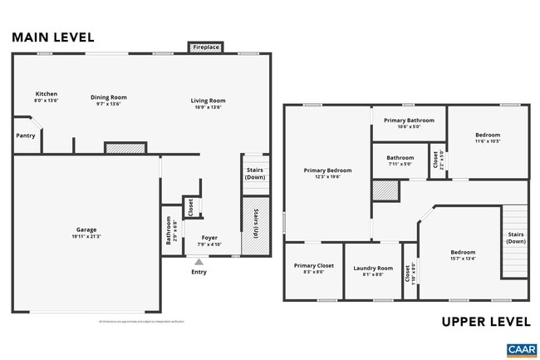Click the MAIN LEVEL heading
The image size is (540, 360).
(52, 37)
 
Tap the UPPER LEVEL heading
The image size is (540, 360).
(484, 321)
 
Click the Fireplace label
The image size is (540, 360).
(205, 48)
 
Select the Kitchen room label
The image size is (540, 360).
(46, 94)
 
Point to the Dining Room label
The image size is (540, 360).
(108, 97)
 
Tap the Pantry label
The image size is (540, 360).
(26, 136)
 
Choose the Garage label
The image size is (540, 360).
(86, 229)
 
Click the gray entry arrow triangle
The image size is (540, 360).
(199, 262)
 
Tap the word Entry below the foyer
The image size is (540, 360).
(199, 272)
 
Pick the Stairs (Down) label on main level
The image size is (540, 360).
(255, 174)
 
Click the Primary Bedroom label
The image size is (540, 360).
(327, 170)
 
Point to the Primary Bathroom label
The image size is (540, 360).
(409, 121)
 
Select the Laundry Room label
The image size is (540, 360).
(373, 268)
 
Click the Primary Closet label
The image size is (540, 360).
(314, 266)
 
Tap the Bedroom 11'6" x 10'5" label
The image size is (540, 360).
(488, 135)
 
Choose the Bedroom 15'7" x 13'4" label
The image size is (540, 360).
(463, 252)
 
